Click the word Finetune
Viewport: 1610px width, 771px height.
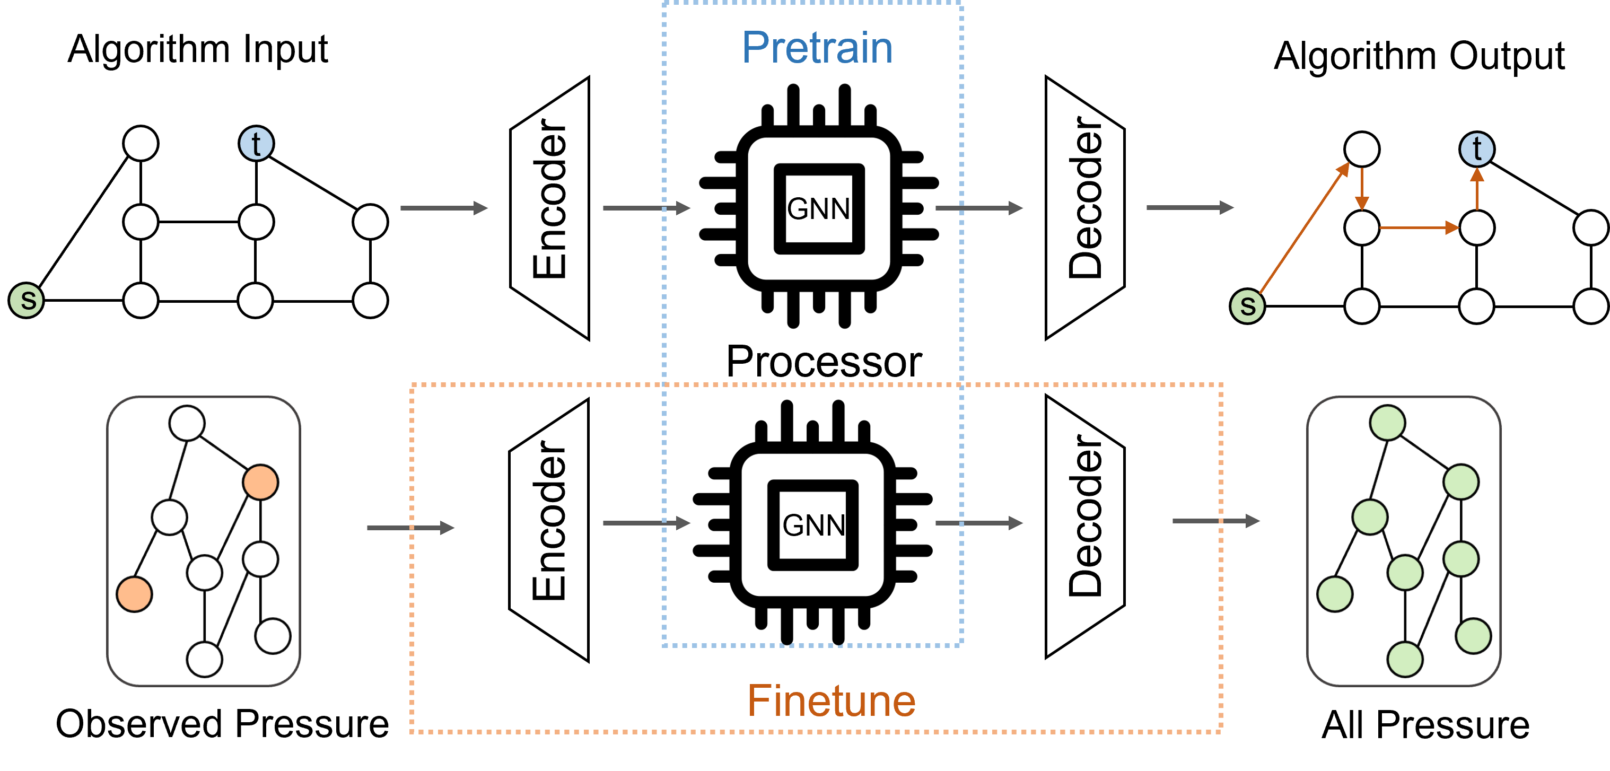tap(832, 700)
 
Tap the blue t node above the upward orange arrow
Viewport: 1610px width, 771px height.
tap(1476, 150)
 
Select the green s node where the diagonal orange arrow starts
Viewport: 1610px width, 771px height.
tap(1247, 306)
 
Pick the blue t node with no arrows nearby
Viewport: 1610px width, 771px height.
tap(256, 144)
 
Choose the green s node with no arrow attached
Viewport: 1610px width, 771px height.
tap(27, 300)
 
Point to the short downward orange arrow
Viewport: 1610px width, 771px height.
tap(1362, 189)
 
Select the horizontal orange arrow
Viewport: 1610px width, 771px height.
tap(1419, 227)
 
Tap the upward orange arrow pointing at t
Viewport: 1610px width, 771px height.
tap(1477, 189)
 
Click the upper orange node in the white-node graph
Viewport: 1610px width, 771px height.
tap(260, 481)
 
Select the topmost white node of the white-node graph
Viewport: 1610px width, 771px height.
tap(187, 423)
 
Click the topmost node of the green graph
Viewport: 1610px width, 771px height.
tap(1387, 423)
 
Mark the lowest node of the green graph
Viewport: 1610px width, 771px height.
tap(1405, 659)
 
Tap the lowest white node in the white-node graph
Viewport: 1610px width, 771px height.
tap(204, 659)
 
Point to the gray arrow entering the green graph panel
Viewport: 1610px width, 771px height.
tap(1215, 521)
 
